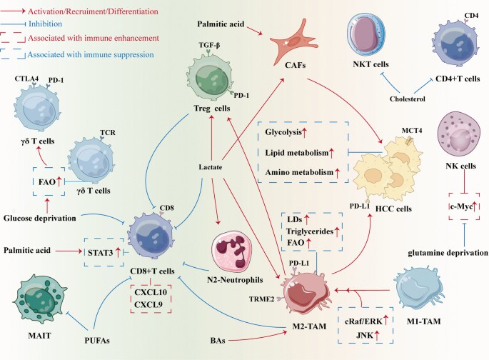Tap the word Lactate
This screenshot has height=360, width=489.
coord(211,167)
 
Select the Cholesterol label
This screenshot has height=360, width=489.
coord(408,99)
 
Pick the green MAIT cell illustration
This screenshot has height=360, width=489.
coord(39,300)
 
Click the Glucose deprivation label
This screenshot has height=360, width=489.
coord(39,218)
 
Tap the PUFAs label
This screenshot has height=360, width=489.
coord(97,340)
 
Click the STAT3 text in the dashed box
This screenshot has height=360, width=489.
coord(100,252)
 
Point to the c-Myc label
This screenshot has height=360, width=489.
coord(461,206)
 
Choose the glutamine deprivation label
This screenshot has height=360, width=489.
coord(448,253)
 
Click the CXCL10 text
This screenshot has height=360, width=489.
coord(151,292)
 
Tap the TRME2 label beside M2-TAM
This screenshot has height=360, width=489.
coord(262,299)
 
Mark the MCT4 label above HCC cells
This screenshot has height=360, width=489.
coord(412,131)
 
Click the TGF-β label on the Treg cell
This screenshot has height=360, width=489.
coord(209,45)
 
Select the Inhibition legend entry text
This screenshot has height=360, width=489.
coord(45,24)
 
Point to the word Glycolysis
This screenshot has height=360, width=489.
coord(283,132)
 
